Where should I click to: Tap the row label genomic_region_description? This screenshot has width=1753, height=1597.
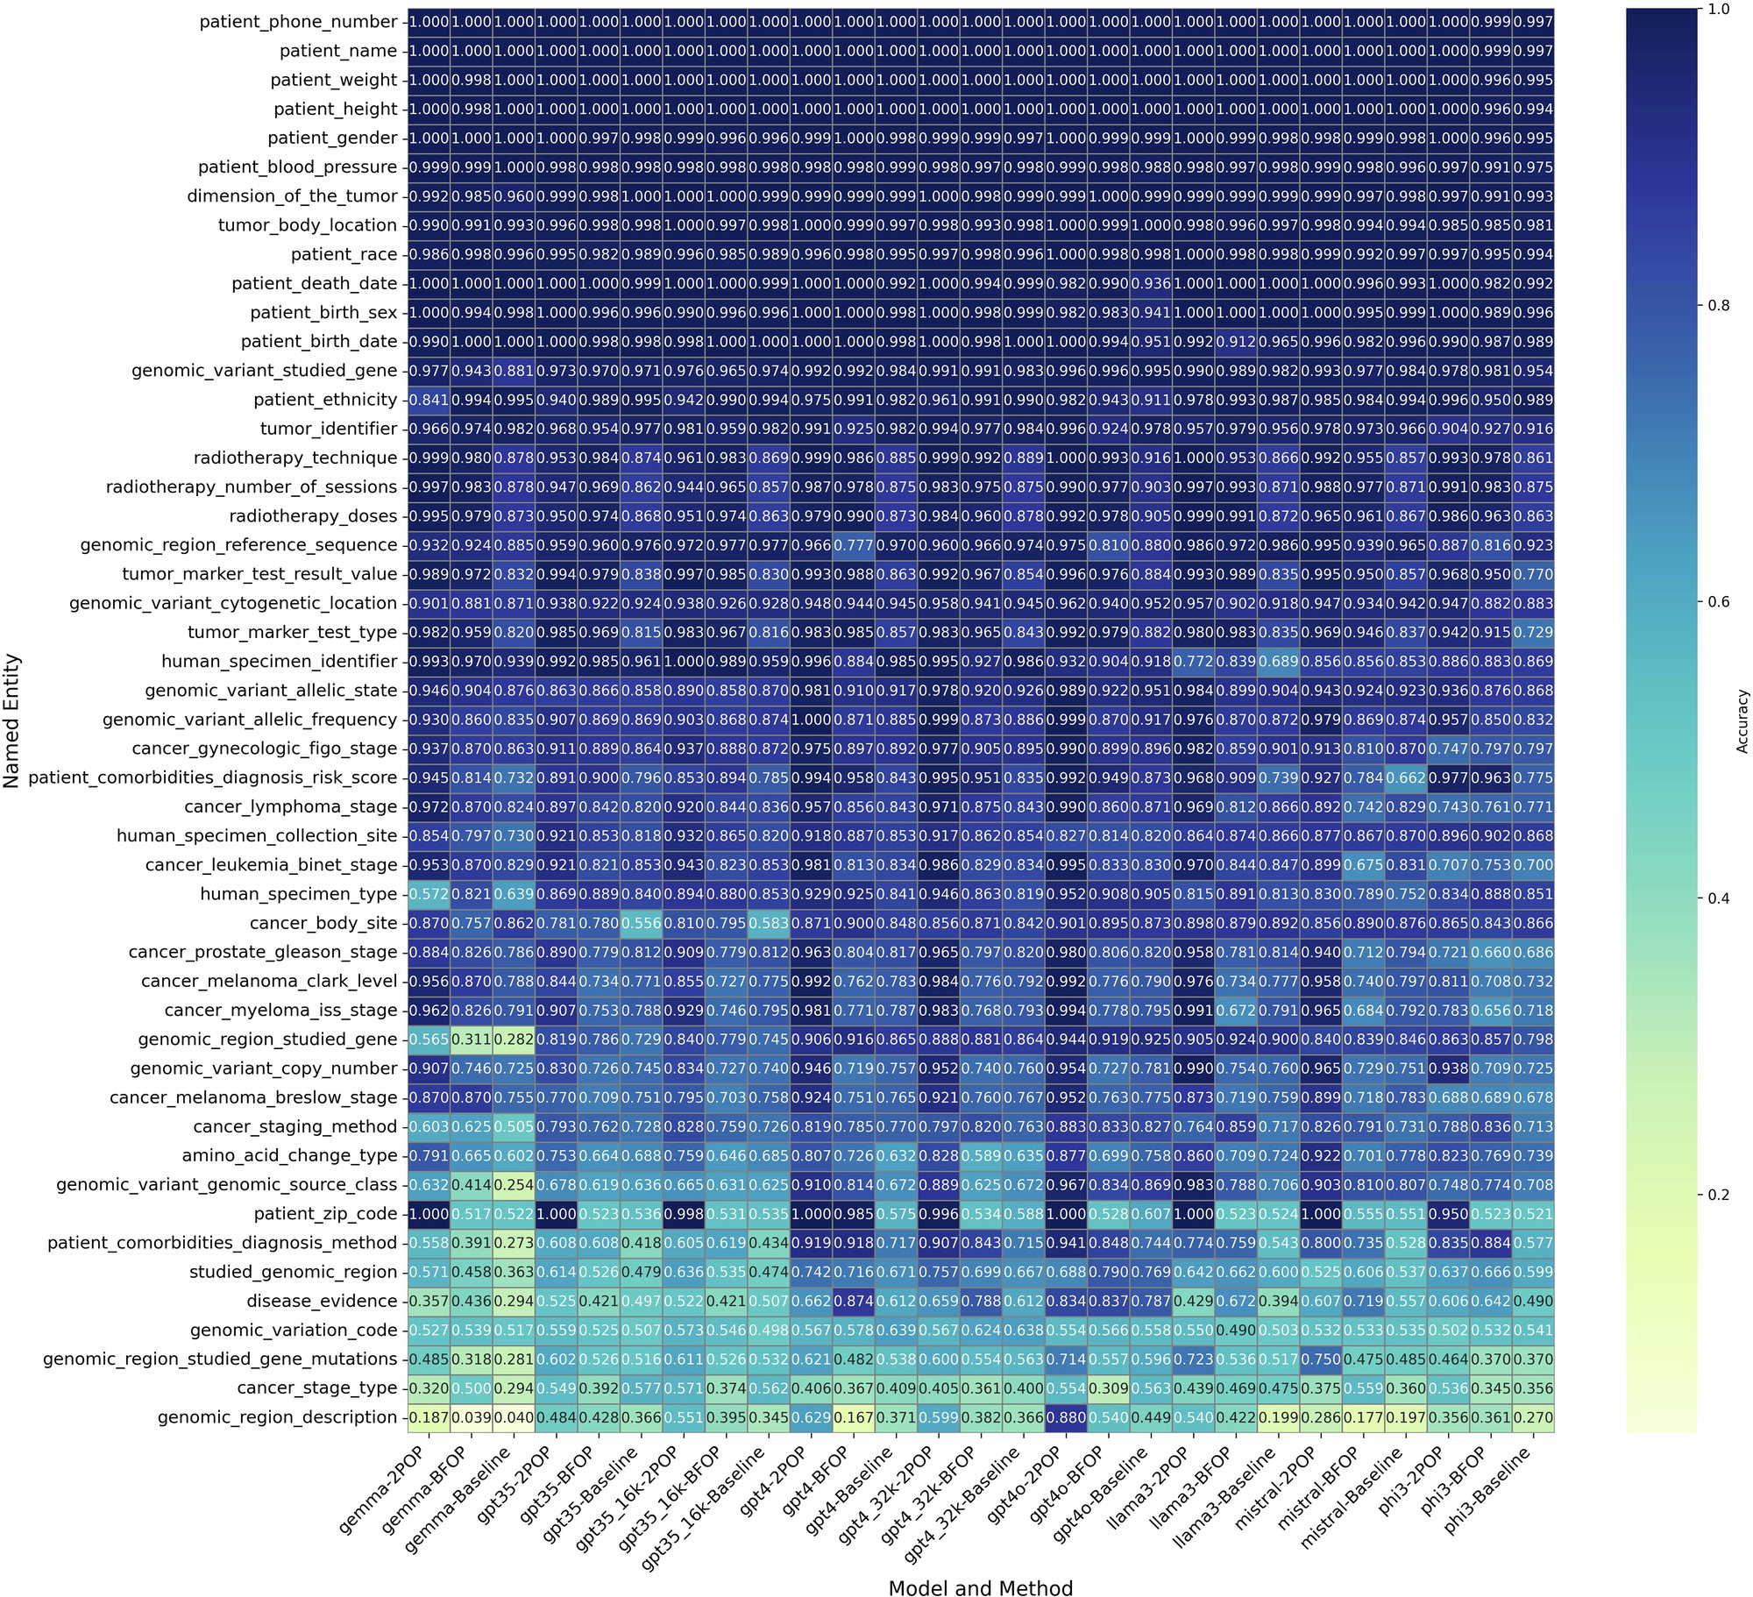coord(278,1416)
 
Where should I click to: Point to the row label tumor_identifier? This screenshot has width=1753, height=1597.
coord(329,429)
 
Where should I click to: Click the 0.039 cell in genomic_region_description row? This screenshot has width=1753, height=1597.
coord(472,1417)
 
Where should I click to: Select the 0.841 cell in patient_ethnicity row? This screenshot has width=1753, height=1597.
coord(429,400)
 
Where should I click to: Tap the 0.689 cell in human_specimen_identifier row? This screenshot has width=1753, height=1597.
coord(1278,662)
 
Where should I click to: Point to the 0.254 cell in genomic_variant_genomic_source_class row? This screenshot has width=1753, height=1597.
coord(514,1185)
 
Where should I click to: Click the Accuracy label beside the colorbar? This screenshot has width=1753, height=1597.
coord(1742,720)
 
